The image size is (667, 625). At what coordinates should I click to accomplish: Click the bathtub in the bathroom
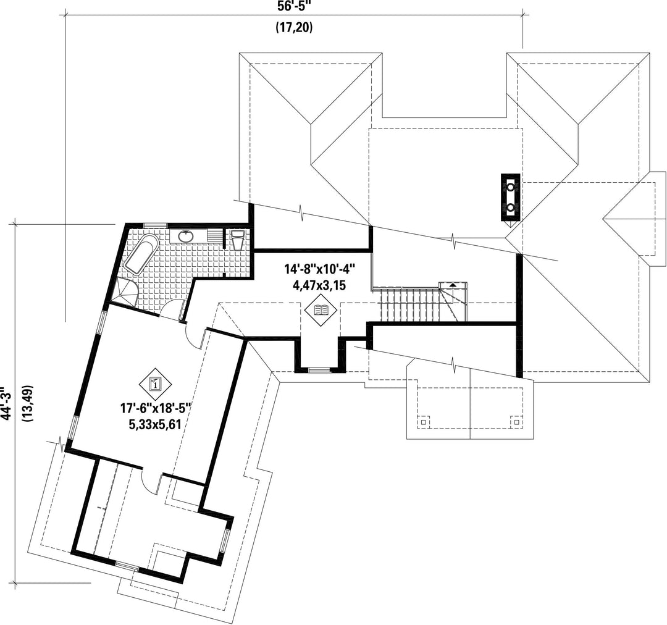point(141,254)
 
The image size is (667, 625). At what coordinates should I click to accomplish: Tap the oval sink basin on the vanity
point(185,236)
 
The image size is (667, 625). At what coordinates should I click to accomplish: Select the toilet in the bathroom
point(238,240)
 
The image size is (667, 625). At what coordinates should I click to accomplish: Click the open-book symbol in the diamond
point(321,310)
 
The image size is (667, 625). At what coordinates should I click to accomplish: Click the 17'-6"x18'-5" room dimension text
point(154,409)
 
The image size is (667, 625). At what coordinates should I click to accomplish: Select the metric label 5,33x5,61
point(154,424)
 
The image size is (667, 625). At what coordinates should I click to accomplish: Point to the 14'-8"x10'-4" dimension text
point(319,269)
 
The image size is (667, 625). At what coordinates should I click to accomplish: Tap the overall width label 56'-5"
point(294,6)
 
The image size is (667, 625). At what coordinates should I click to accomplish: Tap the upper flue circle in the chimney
point(511,186)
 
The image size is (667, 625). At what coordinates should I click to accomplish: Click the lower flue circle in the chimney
point(511,207)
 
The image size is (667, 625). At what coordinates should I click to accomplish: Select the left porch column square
point(424,422)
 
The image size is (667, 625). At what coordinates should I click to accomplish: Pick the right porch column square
point(517,422)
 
